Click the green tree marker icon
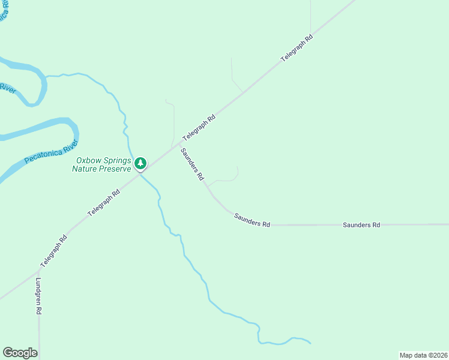(x=140, y=163)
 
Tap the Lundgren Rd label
(x=38, y=296)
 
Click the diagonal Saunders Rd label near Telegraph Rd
(x=193, y=165)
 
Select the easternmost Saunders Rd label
(x=361, y=225)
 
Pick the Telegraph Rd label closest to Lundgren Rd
(x=54, y=251)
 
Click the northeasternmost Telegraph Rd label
(x=297, y=49)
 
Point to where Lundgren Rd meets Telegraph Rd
(x=39, y=271)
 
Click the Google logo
(x=20, y=353)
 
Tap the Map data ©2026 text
(x=423, y=355)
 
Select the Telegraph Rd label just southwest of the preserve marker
(x=104, y=203)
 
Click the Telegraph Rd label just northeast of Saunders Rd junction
(x=199, y=128)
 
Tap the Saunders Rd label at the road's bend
(x=252, y=220)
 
